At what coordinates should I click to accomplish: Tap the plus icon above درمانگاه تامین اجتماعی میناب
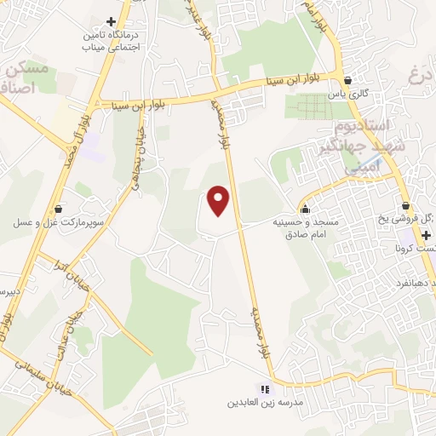pyautogui.click(x=111, y=21)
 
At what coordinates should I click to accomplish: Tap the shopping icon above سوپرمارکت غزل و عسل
pyautogui.click(x=58, y=209)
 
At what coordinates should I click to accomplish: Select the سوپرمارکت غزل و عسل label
pyautogui.click(x=58, y=222)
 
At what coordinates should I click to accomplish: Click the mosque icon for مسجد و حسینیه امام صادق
pyautogui.click(x=304, y=208)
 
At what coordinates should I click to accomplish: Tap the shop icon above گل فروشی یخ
pyautogui.click(x=406, y=205)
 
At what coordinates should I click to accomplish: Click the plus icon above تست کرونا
pyautogui.click(x=425, y=234)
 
